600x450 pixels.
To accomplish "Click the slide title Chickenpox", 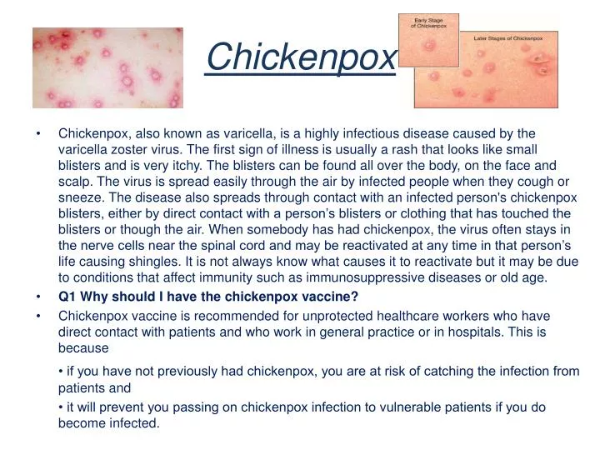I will (301, 57).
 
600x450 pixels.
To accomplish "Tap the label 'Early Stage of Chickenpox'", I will (427, 22).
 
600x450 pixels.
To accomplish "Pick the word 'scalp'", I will (74, 181).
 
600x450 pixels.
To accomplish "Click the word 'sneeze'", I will (79, 197).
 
